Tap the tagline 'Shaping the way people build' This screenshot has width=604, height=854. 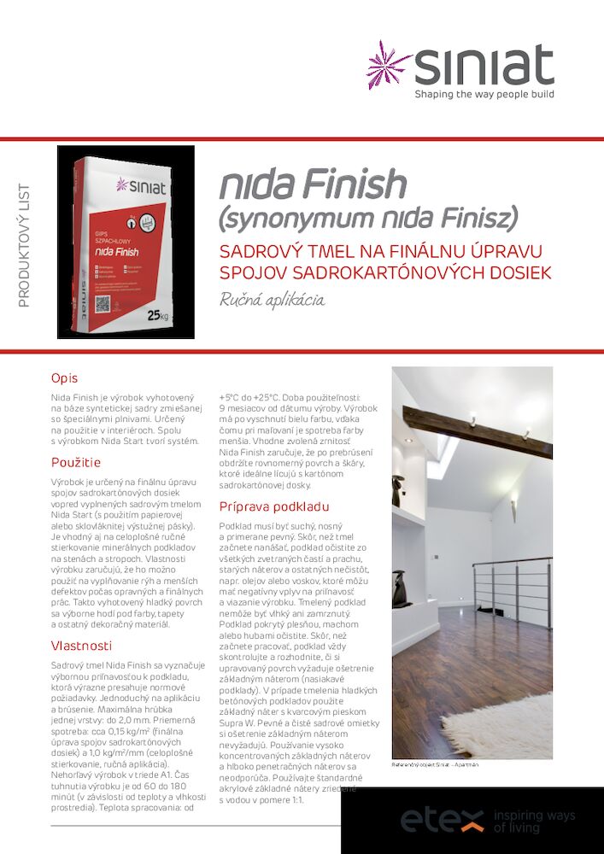pos(484,94)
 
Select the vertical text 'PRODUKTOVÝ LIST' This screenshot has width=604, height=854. pos(24,245)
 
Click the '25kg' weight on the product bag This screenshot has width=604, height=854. pos(158,316)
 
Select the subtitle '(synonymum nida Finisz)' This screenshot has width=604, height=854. pos(369,219)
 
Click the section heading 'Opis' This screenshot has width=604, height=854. pos(64,377)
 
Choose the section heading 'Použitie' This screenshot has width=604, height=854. pos(76,462)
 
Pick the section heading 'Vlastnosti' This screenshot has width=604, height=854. pos(81,646)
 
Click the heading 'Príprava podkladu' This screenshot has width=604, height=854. pos(274,506)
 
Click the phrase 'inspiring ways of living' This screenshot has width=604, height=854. pos(535,822)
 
